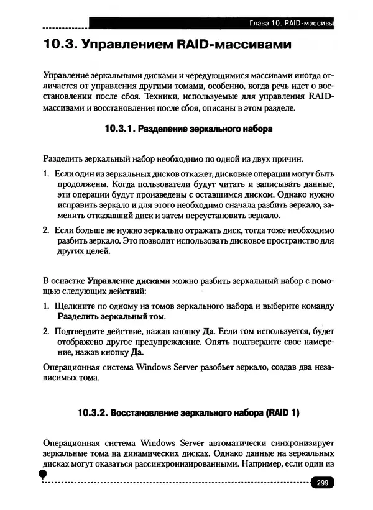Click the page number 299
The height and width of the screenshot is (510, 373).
tap(322, 483)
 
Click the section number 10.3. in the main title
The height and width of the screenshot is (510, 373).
tap(60, 45)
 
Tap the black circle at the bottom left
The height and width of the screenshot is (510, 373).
tap(43, 474)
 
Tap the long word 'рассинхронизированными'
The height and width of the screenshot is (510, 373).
tap(190, 463)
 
